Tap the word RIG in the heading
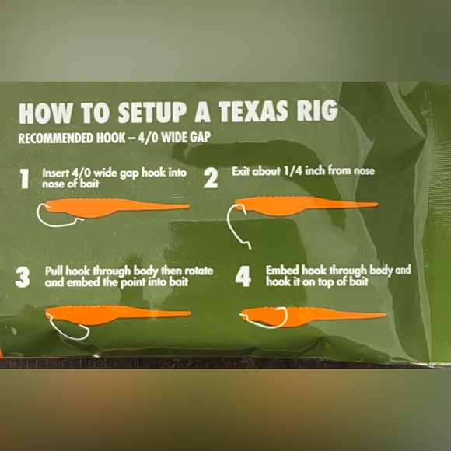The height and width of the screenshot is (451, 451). tap(317, 113)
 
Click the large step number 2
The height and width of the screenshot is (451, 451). tap(211, 179)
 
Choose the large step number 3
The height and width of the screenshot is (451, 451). tap(23, 277)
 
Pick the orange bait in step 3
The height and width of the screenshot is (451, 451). tap(117, 313)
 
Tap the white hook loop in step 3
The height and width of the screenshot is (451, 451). tap(68, 331)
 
